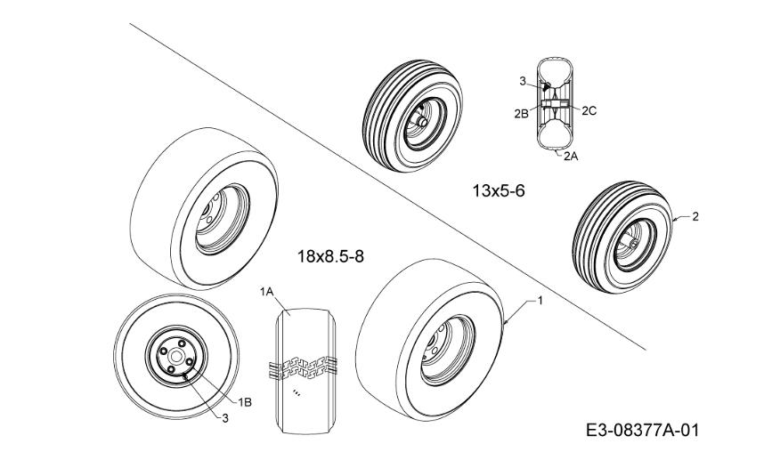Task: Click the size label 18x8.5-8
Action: pyautogui.click(x=330, y=256)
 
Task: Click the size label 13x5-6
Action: pyautogui.click(x=499, y=190)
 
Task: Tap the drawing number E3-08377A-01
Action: pyautogui.click(x=643, y=431)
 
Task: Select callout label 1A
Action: pyautogui.click(x=266, y=292)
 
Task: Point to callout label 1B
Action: pyautogui.click(x=245, y=402)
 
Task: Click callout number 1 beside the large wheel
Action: pyautogui.click(x=540, y=300)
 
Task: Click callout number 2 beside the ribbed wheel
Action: pyautogui.click(x=695, y=216)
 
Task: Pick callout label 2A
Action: pyautogui.click(x=571, y=157)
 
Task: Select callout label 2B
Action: pyautogui.click(x=522, y=114)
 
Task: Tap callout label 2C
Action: pyautogui.click(x=589, y=111)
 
